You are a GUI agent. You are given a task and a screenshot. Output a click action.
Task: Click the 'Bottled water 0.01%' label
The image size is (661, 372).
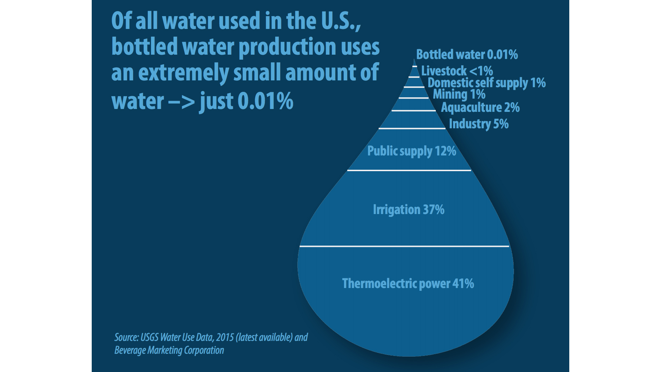pos(466,55)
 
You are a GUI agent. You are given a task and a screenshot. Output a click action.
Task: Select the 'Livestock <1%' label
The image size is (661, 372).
pos(456,71)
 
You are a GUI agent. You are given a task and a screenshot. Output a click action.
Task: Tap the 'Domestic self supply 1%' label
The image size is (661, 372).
pos(486,83)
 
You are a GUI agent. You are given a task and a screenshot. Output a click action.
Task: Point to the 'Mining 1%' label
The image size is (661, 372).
pos(459,94)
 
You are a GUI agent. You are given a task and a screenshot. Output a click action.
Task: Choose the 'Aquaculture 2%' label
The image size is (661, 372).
pos(480,108)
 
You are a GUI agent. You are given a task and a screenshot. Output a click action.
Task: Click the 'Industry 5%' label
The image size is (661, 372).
pos(478,124)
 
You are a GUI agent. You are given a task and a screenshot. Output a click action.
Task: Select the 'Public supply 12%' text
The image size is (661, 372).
pos(412,151)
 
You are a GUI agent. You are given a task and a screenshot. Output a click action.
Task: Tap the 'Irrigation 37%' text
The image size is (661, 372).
pos(408,209)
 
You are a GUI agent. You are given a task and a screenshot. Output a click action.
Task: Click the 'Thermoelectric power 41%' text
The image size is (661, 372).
pos(408,284)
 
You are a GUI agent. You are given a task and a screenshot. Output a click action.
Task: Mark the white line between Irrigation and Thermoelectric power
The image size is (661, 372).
pos(404,246)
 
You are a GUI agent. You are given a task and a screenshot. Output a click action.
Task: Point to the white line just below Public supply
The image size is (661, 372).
pos(409,170)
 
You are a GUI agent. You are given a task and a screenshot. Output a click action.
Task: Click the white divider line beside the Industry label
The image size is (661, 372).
pos(412,128)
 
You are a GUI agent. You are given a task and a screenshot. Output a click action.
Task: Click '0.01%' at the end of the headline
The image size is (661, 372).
pos(265,101)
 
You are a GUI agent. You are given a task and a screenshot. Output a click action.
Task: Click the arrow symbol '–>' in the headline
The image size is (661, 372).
pos(182,101)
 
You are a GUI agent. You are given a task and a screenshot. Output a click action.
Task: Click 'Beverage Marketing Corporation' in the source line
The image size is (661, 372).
pos(169,350)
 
